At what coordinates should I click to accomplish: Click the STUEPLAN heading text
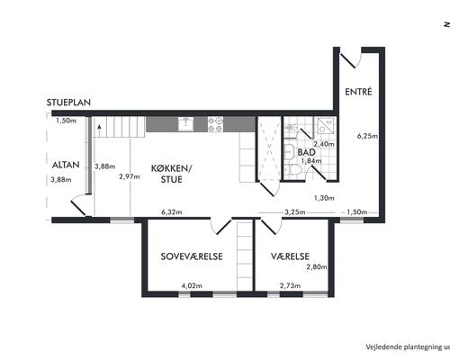68,103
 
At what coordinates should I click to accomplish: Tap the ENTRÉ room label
358,92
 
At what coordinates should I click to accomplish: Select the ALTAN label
66,165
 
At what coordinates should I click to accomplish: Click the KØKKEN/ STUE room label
171,174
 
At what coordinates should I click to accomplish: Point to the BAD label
306,152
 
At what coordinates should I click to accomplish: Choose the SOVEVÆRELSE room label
192,256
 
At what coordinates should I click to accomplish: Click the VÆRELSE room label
290,256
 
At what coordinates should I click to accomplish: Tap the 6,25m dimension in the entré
367,136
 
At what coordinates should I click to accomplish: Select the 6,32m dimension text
172,212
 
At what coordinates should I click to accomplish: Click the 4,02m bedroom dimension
192,285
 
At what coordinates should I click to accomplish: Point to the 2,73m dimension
290,285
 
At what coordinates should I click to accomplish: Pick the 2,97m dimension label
130,176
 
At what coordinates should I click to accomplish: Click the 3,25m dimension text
295,212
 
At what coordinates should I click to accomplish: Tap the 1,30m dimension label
324,198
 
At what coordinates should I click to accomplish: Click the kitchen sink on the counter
186,124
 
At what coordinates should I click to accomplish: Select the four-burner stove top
216,124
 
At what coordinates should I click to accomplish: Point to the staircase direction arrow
99,127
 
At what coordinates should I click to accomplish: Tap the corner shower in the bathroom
325,125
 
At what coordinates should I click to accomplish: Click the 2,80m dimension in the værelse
317,266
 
